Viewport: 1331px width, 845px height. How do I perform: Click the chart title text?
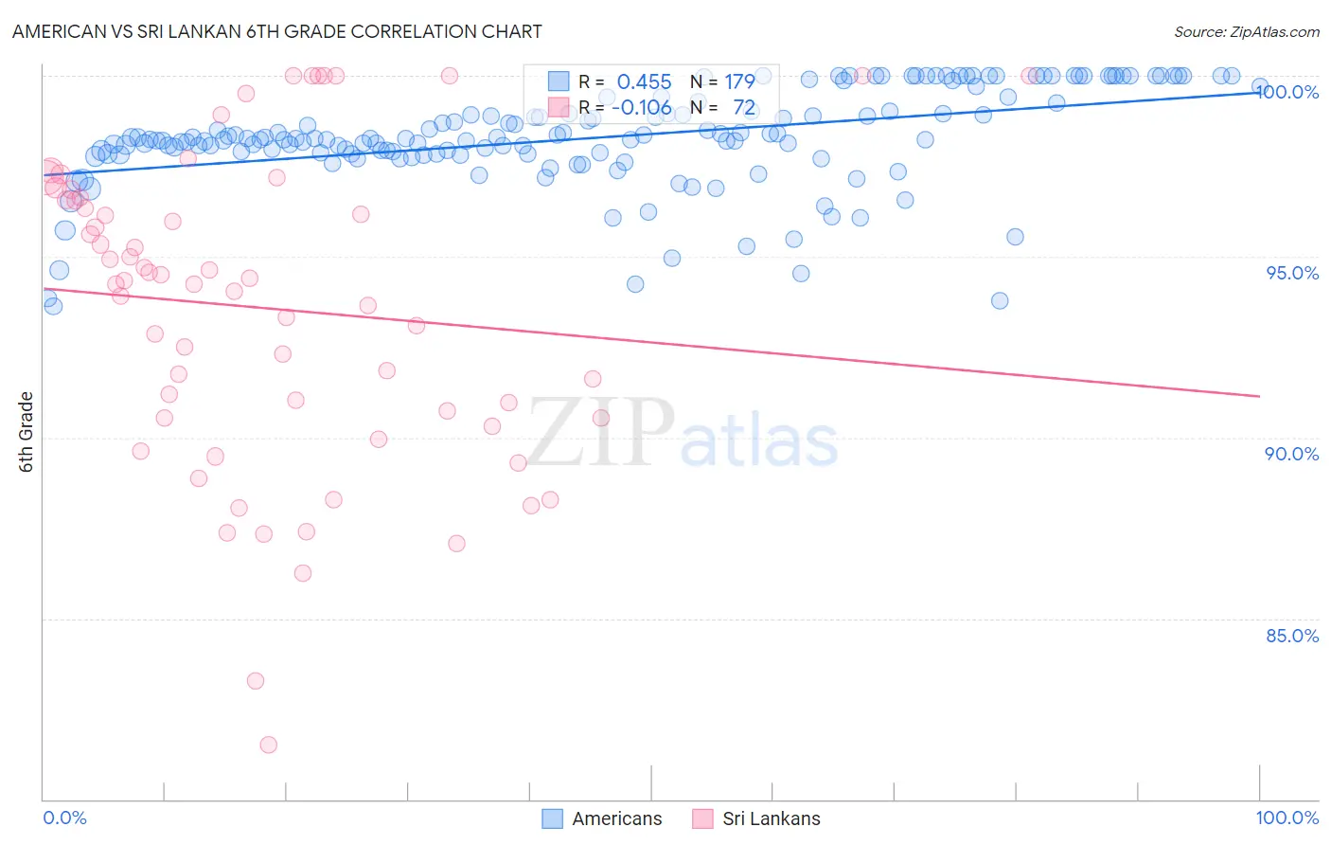coord(276,31)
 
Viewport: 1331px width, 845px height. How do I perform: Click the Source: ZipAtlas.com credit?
coord(1246,31)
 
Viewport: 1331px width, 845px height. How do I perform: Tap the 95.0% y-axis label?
coord(1292,273)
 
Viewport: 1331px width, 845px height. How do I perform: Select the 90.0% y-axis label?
coord(1292,454)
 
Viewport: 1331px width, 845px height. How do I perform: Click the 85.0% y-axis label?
coord(1292,636)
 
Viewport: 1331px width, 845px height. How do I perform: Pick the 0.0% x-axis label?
coord(64,818)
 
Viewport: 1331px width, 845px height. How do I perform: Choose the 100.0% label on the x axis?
coord(1287,818)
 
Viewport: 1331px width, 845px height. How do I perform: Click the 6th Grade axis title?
coord(27,432)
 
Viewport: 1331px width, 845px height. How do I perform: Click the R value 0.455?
coord(644,82)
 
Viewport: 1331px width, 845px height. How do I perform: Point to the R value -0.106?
coord(641,108)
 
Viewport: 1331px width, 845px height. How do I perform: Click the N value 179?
coord(739,82)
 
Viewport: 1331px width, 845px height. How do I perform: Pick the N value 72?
coord(744,108)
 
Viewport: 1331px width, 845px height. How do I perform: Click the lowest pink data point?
coord(268,745)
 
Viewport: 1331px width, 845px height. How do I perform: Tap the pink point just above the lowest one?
coord(256,680)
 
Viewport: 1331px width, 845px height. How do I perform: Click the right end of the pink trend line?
coord(1259,396)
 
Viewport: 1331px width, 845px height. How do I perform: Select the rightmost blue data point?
coord(1259,86)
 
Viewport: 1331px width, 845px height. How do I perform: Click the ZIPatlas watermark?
coord(682,434)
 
